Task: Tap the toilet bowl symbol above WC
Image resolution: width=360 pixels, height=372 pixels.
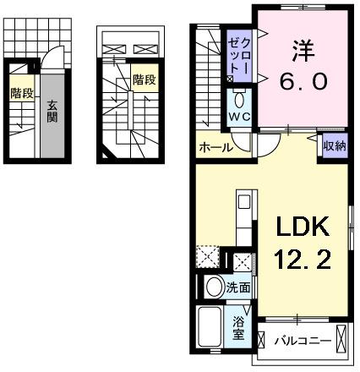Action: click(x=237, y=96)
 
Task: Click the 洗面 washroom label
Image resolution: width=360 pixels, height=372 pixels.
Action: click(x=238, y=287)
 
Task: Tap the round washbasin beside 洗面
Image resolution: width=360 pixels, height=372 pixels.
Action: click(x=213, y=287)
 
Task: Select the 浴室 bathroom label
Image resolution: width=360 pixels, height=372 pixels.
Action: click(x=239, y=326)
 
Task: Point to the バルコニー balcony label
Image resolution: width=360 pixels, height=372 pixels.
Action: click(x=299, y=341)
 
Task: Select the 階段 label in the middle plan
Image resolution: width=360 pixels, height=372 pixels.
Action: click(x=144, y=79)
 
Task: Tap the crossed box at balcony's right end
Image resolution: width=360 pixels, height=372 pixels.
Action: click(x=341, y=340)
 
